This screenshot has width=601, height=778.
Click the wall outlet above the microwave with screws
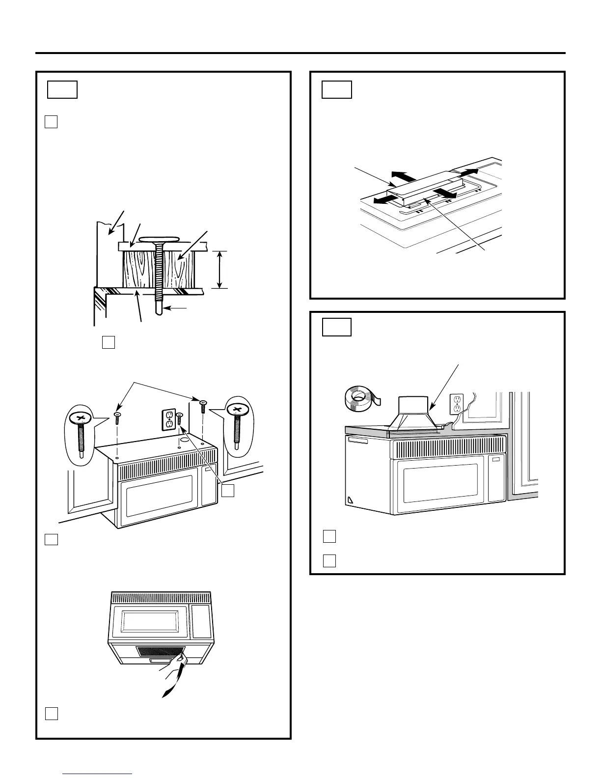click(169, 419)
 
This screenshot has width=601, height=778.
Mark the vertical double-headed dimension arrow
click(220, 269)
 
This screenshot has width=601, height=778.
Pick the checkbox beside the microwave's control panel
click(227, 491)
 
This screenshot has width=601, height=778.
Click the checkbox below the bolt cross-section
click(109, 342)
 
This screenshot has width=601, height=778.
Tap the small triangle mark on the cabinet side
click(350, 501)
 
